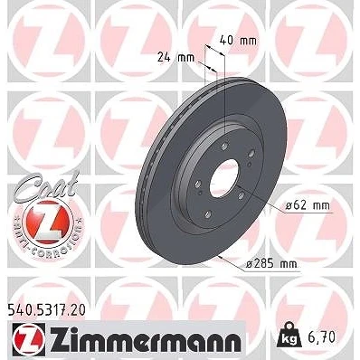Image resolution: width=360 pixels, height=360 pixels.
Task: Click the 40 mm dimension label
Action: pyautogui.click(x=238, y=40)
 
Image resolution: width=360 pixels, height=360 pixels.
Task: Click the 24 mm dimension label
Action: pyautogui.click(x=176, y=58)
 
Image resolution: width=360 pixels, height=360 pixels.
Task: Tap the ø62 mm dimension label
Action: pyautogui.click(x=308, y=206)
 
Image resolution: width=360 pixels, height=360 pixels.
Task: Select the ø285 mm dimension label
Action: pyautogui.click(x=271, y=264)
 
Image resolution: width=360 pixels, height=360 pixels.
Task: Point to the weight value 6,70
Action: pyautogui.click(x=322, y=337)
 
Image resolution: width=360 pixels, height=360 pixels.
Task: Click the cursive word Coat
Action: pyautogui.click(x=47, y=186)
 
